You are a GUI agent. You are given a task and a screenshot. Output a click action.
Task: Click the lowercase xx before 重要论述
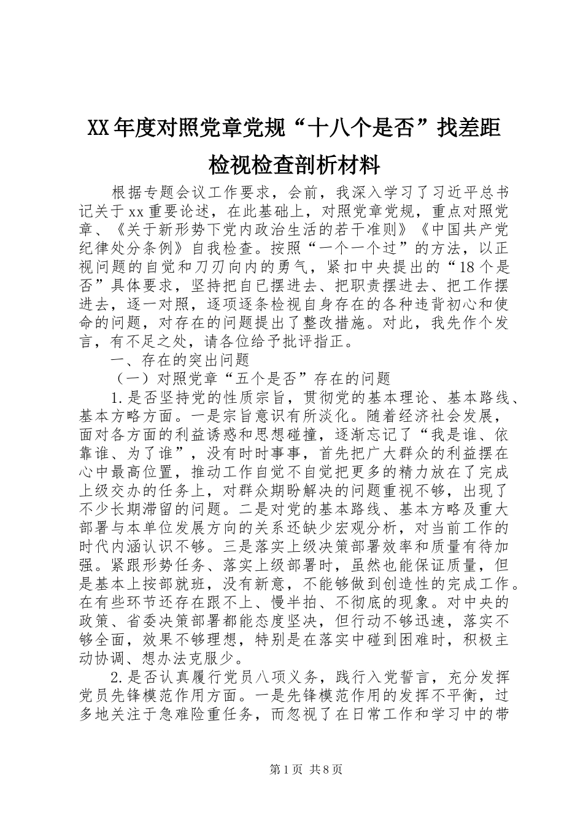136,212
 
